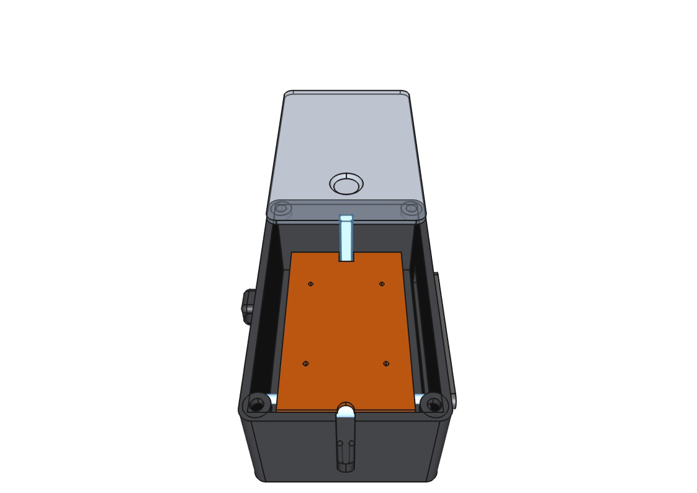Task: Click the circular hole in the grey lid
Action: (346, 185)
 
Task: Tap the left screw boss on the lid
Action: (281, 208)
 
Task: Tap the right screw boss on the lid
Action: (411, 208)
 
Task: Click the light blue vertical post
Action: (346, 239)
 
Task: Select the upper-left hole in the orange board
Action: (310, 284)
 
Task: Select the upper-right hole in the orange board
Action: (382, 284)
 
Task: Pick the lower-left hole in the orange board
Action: (305, 363)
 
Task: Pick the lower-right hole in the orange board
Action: (386, 363)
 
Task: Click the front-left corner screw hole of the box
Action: (256, 405)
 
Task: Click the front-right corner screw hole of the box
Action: (434, 405)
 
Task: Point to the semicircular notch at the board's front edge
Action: (346, 409)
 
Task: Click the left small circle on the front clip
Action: (340, 443)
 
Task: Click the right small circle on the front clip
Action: (352, 443)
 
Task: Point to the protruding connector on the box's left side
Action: (248, 307)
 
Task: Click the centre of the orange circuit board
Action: (346, 329)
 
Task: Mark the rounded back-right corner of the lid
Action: (405, 94)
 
